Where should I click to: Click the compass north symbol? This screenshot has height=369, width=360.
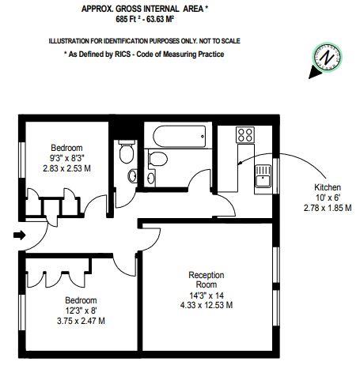point(325,58)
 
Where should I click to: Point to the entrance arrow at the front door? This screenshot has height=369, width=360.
point(19,234)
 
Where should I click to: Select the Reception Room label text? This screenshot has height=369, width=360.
point(207,280)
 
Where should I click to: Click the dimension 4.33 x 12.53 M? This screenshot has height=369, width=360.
point(207,306)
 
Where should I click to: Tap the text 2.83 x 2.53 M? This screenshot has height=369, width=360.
point(67,169)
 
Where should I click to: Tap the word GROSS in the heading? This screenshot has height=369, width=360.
point(138,9)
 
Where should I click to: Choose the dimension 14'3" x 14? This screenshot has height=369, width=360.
point(207,295)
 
